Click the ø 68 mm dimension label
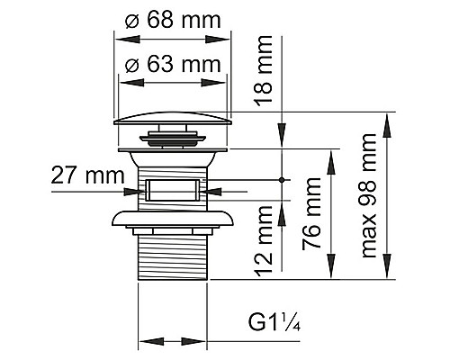point(173,20)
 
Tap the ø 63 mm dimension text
point(173,64)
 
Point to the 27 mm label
point(87,175)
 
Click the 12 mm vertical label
point(263,239)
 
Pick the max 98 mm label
point(368,195)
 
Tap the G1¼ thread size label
point(274,321)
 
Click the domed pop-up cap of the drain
point(173,118)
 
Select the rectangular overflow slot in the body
point(173,190)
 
